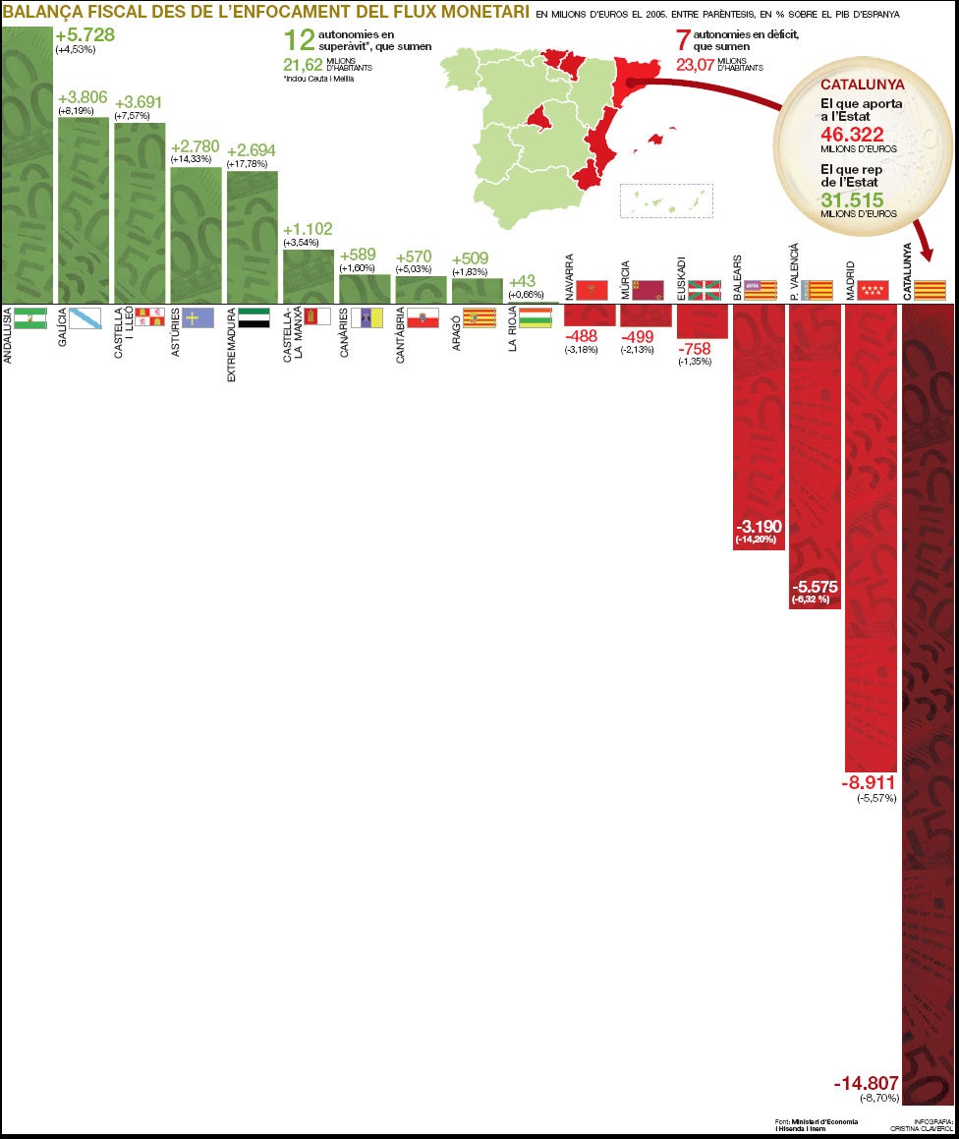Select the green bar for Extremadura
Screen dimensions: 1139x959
tap(252, 236)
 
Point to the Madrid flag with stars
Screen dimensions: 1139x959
tap(873, 290)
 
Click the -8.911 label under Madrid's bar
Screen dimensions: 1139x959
tap(870, 783)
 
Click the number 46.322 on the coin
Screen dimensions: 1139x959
tap(852, 135)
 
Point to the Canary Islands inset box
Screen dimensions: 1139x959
tap(666, 200)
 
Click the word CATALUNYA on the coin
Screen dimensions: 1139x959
tap(862, 85)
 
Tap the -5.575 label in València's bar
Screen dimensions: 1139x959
tap(815, 587)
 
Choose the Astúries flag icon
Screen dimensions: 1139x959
tap(197, 316)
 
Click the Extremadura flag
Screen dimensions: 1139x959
tap(254, 316)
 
